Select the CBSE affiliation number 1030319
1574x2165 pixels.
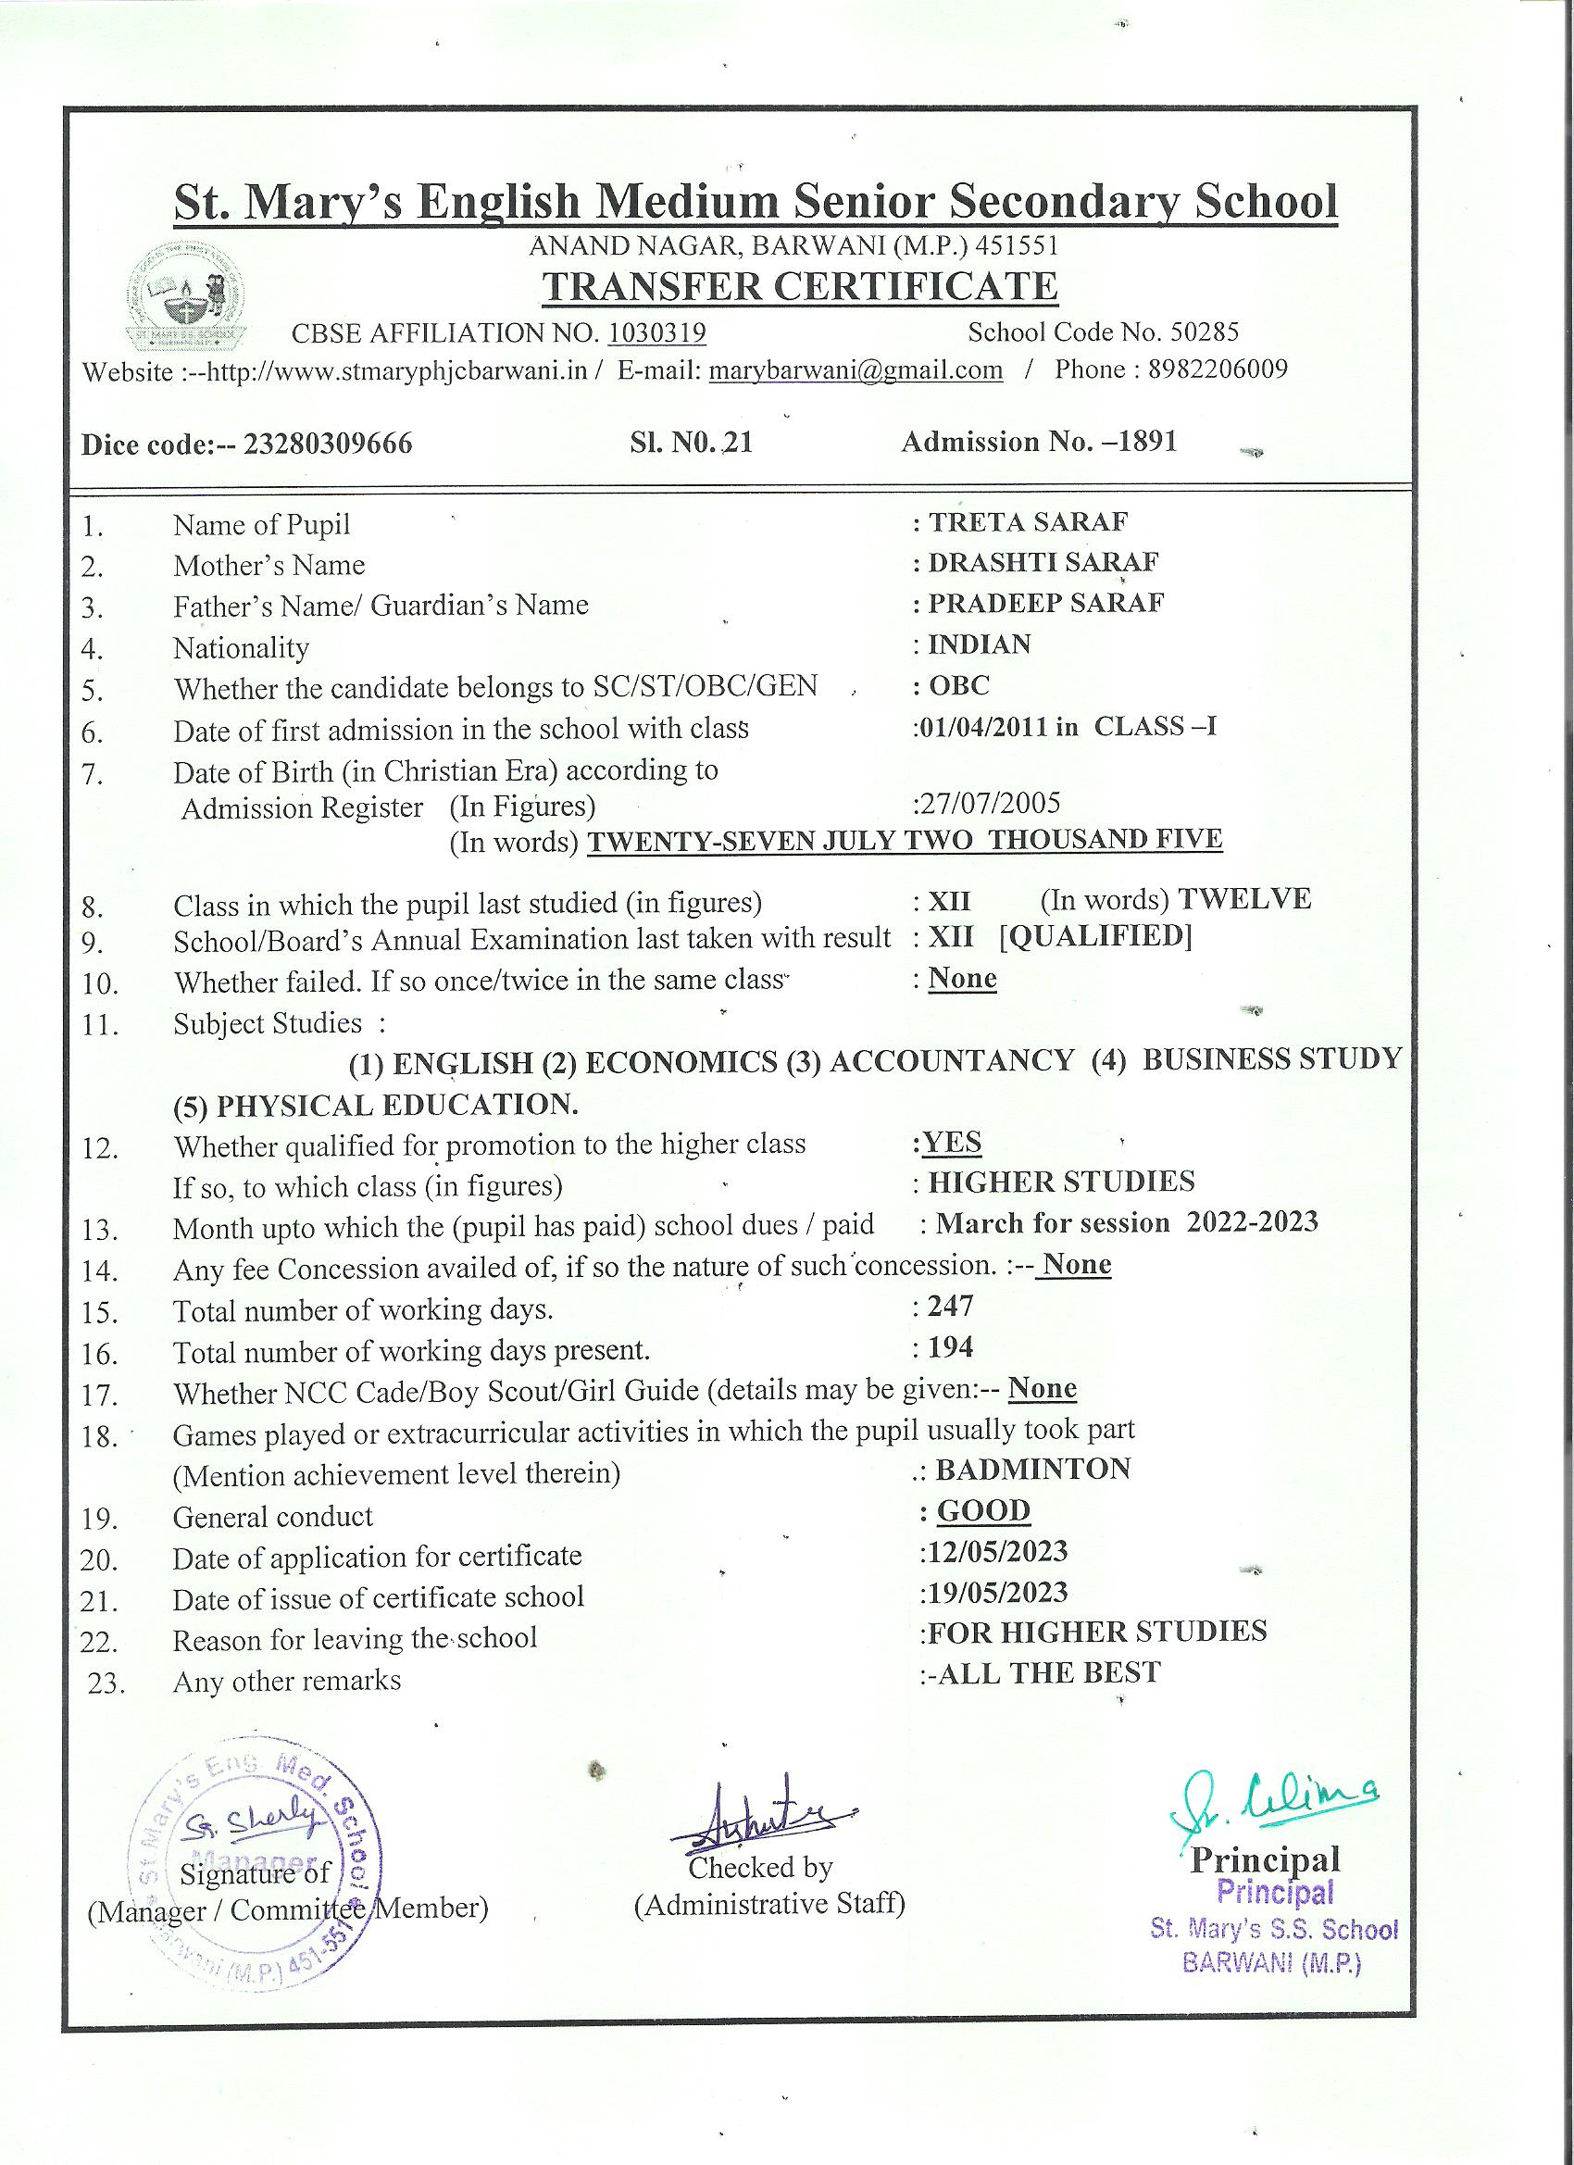point(656,332)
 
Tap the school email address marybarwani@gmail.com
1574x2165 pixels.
point(856,370)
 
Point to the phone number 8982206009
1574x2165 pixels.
point(1218,369)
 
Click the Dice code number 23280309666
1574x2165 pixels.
point(329,444)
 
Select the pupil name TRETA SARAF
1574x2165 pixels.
point(1028,522)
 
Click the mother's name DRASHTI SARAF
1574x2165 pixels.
point(1043,562)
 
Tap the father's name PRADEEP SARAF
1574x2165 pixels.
point(1046,604)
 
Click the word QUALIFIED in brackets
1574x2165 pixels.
point(1096,936)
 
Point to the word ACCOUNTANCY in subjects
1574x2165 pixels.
point(952,1060)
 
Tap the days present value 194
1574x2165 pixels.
point(950,1347)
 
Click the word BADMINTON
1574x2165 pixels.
point(1032,1468)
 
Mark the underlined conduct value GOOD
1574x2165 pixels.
point(983,1510)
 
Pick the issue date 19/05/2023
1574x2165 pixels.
point(996,1592)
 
